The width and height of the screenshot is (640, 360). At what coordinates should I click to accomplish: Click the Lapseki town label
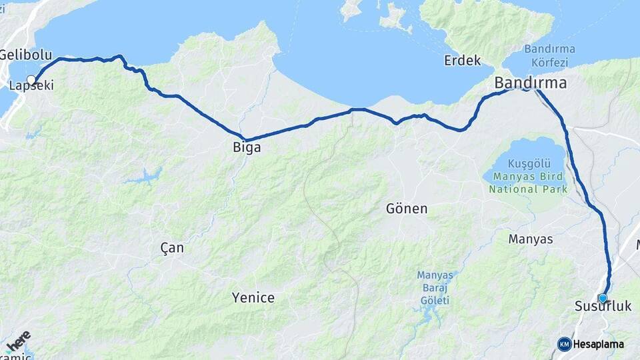[x=31, y=86]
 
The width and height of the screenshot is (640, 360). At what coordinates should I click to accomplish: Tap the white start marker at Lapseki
[x=31, y=79]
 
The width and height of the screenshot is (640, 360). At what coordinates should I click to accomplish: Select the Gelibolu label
[x=20, y=55]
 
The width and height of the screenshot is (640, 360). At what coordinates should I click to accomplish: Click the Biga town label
[x=246, y=147]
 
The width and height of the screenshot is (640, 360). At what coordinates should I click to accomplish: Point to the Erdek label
[x=463, y=61]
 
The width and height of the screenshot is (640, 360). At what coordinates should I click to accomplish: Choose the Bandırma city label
[x=530, y=83]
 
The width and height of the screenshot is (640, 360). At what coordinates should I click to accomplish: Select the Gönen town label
[x=407, y=209]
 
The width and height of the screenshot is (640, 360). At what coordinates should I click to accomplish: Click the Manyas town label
[x=530, y=239]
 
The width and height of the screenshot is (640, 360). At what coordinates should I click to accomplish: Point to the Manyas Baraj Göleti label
[x=435, y=287]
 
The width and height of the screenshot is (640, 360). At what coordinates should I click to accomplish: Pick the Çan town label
[x=172, y=248]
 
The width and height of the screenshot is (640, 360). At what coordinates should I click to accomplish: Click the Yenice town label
[x=253, y=297]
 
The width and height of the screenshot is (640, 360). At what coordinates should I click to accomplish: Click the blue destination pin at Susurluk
[x=603, y=298]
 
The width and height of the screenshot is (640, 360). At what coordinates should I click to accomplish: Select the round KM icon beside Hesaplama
[x=564, y=344]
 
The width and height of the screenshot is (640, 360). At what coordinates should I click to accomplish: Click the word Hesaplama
[x=598, y=344]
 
